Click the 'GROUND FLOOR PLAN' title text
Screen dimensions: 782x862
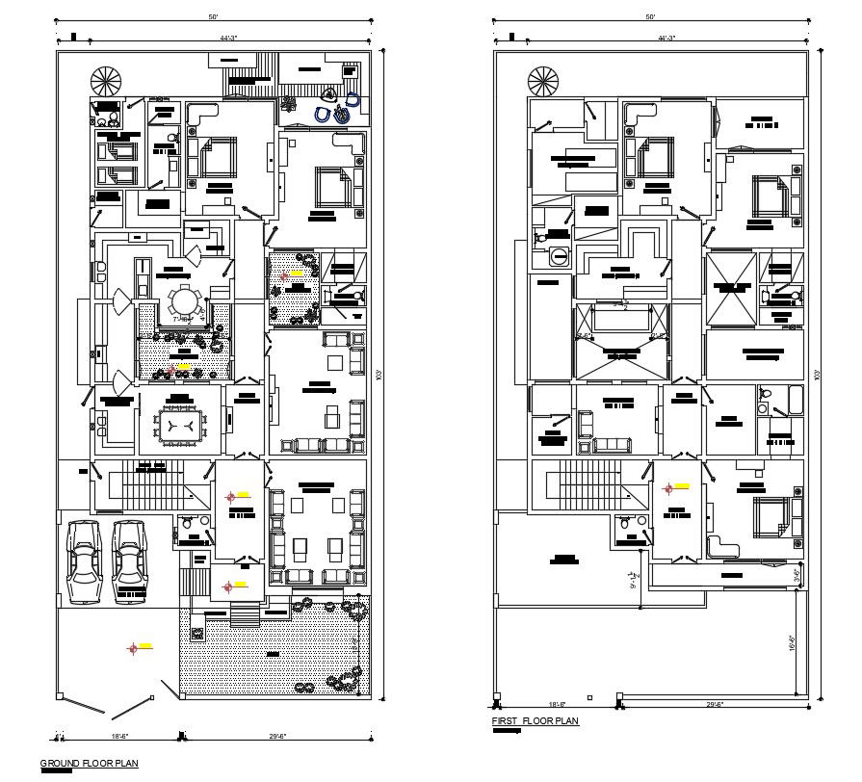point(89,764)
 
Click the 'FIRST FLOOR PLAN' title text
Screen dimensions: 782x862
point(535,720)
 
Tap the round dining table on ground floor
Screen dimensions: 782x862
point(183,302)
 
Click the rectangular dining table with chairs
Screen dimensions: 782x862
point(180,424)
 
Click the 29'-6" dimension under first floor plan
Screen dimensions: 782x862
point(714,705)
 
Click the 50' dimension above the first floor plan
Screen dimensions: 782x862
point(650,18)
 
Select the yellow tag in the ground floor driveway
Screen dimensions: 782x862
point(145,645)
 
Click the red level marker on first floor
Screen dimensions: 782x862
point(667,488)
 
